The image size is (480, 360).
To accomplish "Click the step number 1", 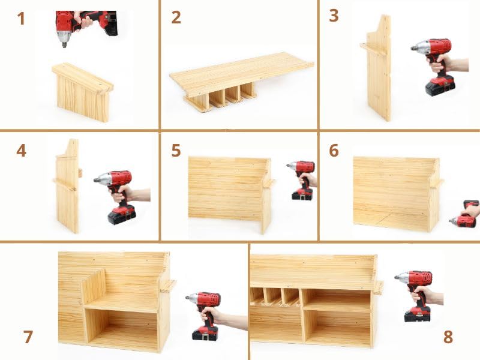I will [22, 19].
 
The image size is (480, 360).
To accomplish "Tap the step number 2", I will [176, 17].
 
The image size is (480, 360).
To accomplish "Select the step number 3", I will [334, 16].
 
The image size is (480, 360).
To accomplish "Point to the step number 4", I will [22, 150].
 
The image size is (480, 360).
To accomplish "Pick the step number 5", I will [176, 150].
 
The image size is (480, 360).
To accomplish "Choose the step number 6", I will [334, 150].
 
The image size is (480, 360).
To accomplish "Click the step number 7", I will [28, 337].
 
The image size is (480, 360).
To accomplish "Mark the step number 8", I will [448, 337].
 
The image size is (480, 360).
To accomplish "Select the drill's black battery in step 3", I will [439, 85].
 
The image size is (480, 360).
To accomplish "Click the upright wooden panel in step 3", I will [379, 72].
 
